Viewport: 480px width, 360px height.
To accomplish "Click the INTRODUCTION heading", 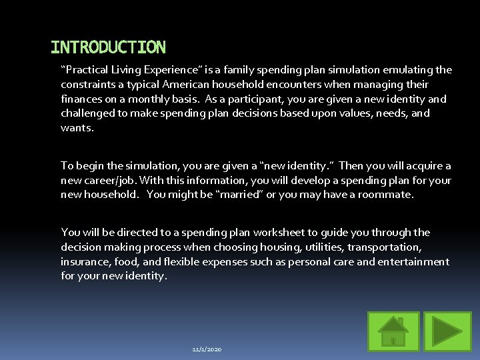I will click(x=108, y=47).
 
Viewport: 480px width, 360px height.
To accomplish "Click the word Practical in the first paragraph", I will click(x=88, y=70).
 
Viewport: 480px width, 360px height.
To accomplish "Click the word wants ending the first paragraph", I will click(x=76, y=127).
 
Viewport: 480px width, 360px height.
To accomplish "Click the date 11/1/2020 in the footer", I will click(x=207, y=349).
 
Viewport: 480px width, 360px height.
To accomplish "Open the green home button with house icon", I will click(x=393, y=331).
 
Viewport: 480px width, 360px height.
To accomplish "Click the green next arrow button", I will click(x=448, y=331).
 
